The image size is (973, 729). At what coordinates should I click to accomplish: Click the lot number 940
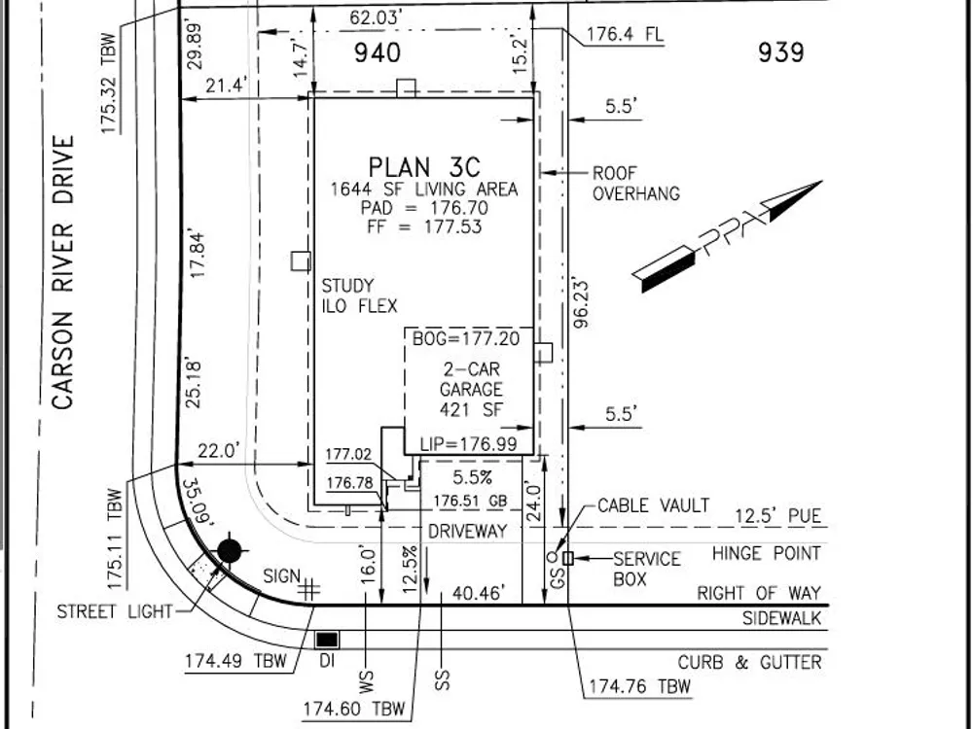pyautogui.click(x=378, y=52)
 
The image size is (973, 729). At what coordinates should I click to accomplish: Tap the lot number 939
pyautogui.click(x=780, y=52)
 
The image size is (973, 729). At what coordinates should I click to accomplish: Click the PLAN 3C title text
pyautogui.click(x=424, y=167)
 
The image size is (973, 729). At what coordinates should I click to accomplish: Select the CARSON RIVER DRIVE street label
pyautogui.click(x=62, y=273)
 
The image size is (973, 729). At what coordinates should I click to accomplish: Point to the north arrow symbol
pyautogui.click(x=727, y=236)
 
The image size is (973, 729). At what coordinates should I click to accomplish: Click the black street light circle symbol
pyautogui.click(x=229, y=550)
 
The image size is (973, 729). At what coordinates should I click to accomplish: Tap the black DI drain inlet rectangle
pyautogui.click(x=327, y=640)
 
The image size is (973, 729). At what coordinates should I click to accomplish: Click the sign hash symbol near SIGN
pyautogui.click(x=308, y=590)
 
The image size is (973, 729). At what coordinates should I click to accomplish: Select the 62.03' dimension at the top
pyautogui.click(x=374, y=17)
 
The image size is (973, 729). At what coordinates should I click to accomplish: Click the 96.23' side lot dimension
pyautogui.click(x=581, y=303)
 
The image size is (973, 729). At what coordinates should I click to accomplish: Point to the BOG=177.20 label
pyautogui.click(x=466, y=338)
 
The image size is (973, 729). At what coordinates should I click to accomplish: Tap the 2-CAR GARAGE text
pyautogui.click(x=471, y=379)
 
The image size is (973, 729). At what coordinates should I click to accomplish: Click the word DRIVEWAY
pyautogui.click(x=468, y=531)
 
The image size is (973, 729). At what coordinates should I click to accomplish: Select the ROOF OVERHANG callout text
pyautogui.click(x=636, y=184)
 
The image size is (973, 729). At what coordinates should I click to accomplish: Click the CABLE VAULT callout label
pyautogui.click(x=654, y=505)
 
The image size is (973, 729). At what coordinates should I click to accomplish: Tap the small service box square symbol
pyautogui.click(x=568, y=558)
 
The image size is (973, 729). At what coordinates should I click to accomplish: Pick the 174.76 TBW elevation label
pyautogui.click(x=639, y=686)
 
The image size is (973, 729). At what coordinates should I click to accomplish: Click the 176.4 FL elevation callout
pyautogui.click(x=625, y=33)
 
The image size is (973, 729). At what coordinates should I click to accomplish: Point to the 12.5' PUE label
pyautogui.click(x=778, y=516)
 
